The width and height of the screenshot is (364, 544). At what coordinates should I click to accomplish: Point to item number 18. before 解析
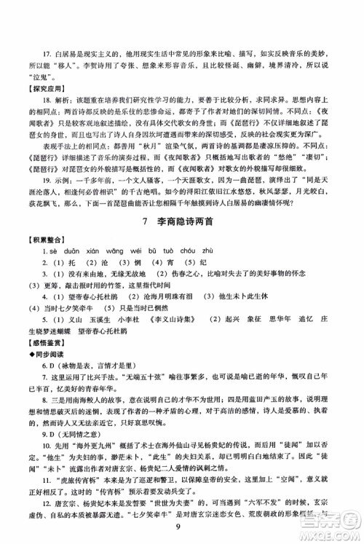[x=49, y=96]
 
